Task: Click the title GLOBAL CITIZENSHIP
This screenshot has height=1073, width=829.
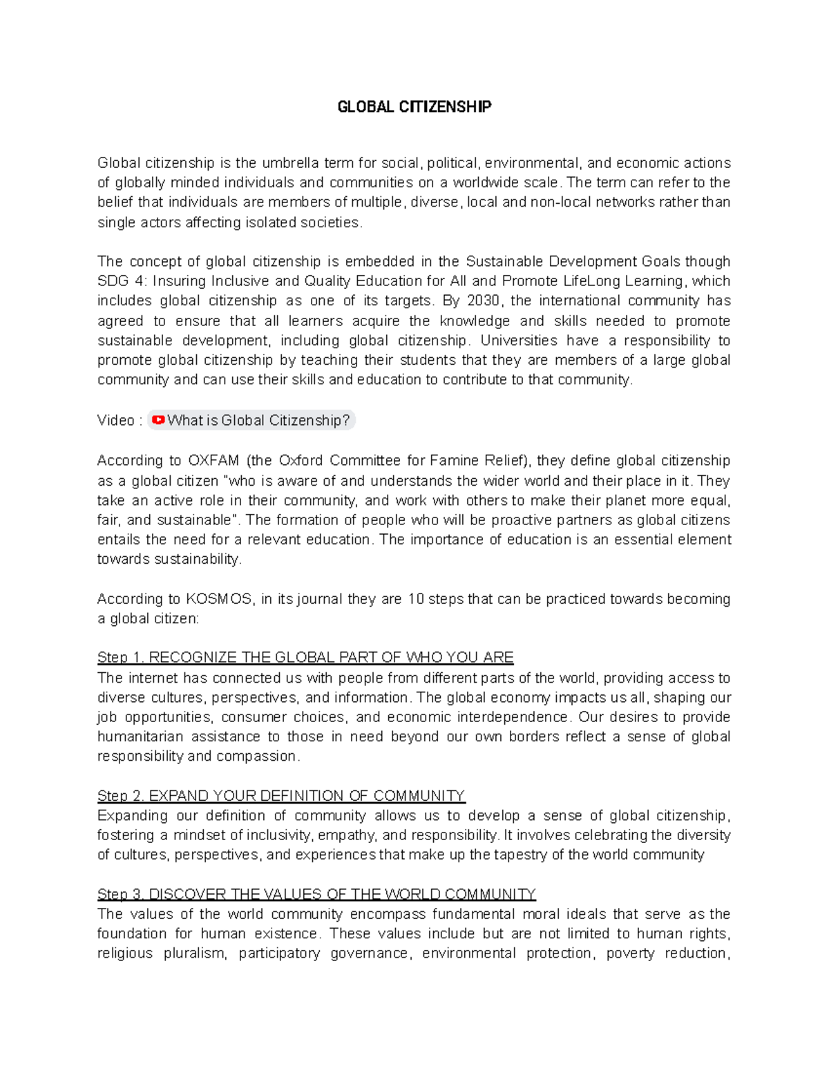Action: coord(414,107)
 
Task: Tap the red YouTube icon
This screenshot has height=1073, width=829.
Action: coord(158,420)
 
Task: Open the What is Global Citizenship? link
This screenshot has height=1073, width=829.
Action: coord(258,420)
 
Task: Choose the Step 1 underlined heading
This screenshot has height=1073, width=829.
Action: coord(305,657)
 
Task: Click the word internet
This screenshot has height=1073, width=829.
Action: coord(153,678)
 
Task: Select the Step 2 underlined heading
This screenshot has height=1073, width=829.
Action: coord(281,795)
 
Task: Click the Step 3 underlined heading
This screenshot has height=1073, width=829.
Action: coord(316,894)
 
